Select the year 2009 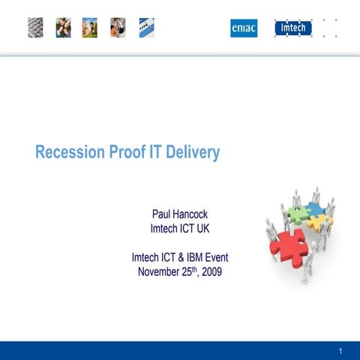[x=210, y=271]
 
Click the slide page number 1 [x=340, y=351]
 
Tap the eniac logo [x=244, y=28]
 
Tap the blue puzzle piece [x=315, y=208]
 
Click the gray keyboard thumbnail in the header [x=36, y=28]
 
